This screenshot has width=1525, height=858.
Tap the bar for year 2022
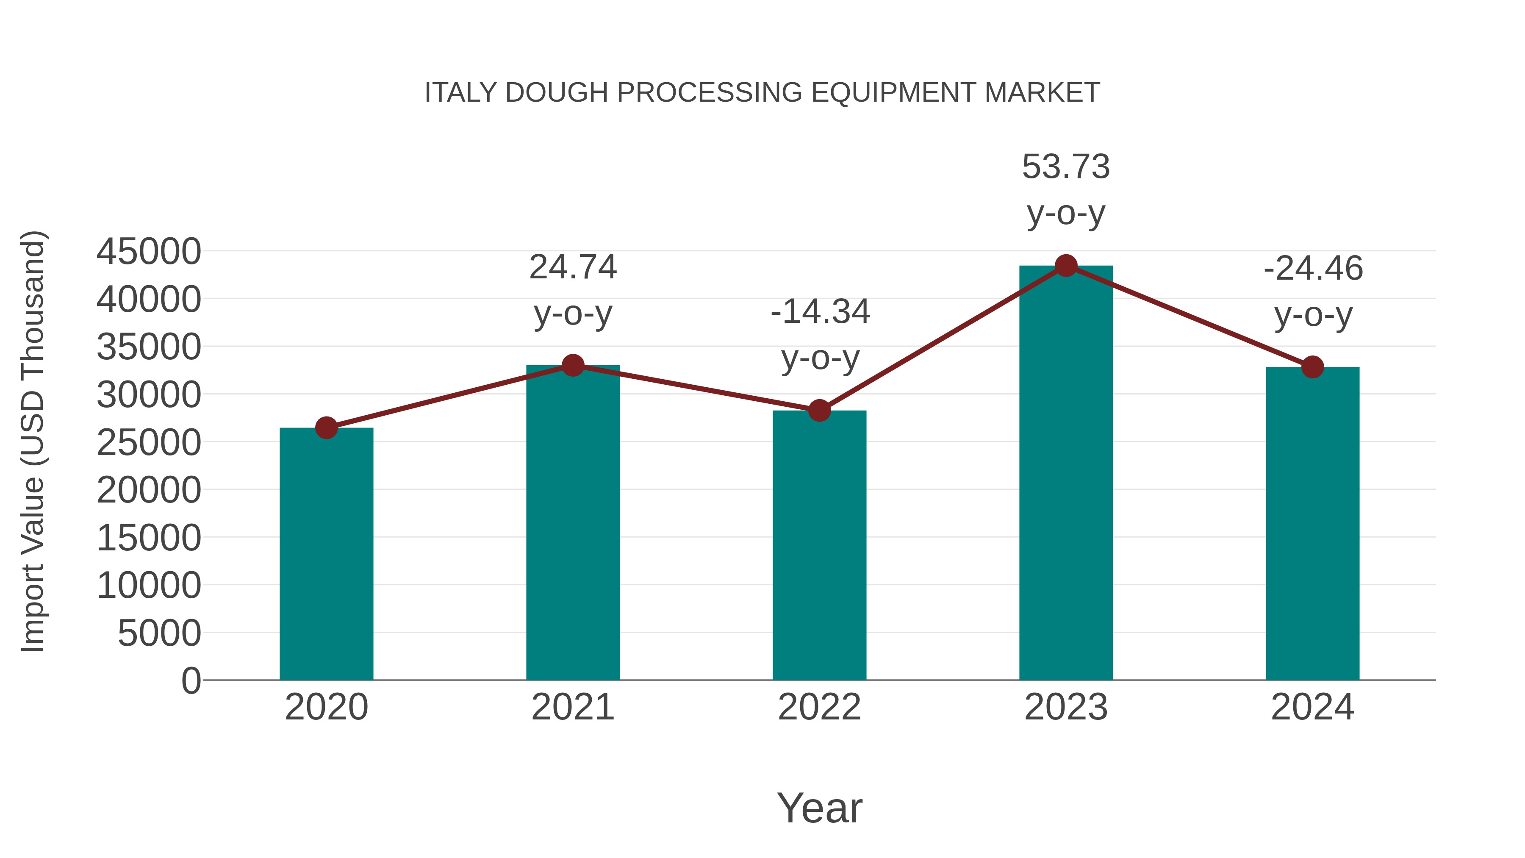(x=819, y=545)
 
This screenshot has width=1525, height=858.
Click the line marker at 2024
(x=1312, y=367)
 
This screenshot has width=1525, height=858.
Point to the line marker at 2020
(x=326, y=428)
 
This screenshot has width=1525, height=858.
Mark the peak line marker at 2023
(x=1066, y=266)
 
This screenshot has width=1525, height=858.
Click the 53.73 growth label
(x=1066, y=167)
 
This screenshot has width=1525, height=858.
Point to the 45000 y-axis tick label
(x=149, y=251)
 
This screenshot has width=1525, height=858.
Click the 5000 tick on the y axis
(x=159, y=633)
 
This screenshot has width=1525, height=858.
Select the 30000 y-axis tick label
(x=149, y=394)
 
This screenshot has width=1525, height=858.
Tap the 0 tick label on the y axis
(x=191, y=680)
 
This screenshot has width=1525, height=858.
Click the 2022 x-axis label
(x=819, y=707)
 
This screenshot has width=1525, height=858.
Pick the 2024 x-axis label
(x=1312, y=707)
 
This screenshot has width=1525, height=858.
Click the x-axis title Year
(x=819, y=808)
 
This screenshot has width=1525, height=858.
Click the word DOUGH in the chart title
(x=557, y=92)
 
